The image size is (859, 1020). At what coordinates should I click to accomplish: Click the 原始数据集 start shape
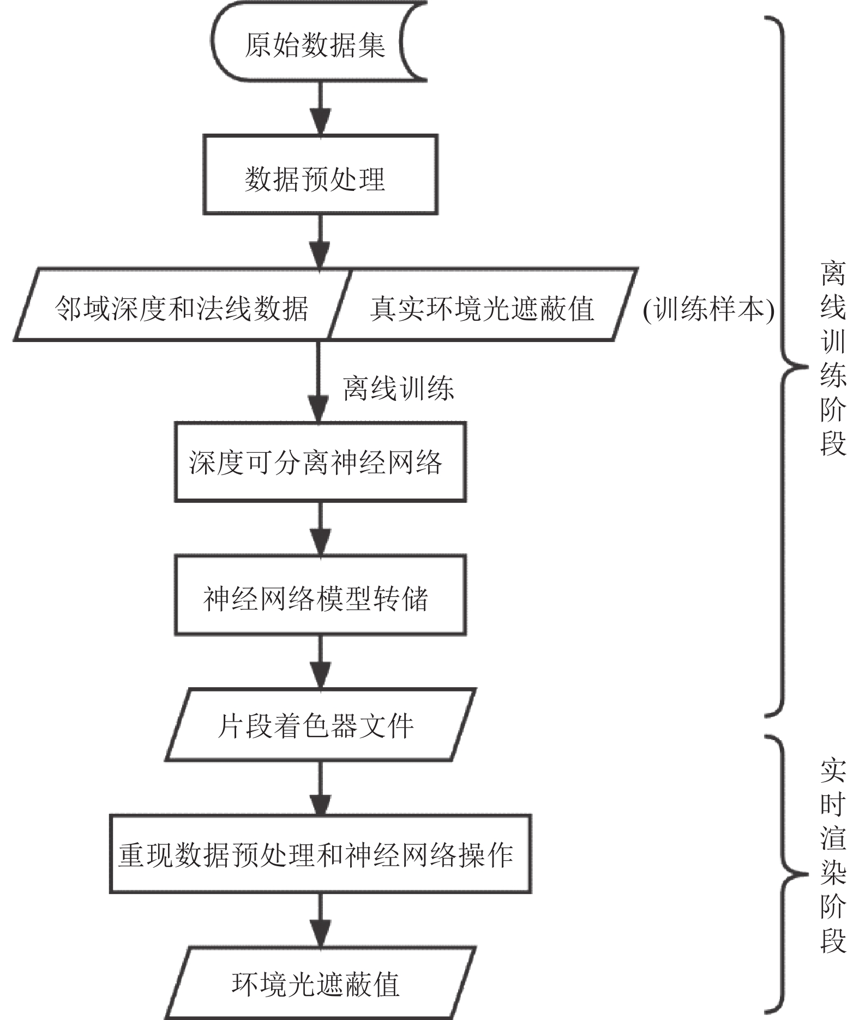point(319,42)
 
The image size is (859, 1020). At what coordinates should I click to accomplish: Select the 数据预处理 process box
point(320,175)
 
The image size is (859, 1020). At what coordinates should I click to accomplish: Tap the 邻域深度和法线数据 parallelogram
point(182,304)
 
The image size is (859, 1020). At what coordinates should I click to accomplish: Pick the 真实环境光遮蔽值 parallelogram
point(483,304)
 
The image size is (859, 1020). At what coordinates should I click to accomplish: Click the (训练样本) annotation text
point(708,310)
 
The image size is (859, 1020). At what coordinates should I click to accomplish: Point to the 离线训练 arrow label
point(399,388)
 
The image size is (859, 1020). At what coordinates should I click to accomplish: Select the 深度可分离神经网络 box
point(320,462)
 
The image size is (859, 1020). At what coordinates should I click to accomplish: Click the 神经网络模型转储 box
point(320,595)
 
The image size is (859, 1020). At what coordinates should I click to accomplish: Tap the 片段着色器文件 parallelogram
point(321,725)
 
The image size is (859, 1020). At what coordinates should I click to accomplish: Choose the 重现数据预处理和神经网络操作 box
point(320,854)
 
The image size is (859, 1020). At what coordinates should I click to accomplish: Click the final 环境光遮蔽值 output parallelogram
point(321,983)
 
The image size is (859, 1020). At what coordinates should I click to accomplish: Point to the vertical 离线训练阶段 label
point(833,358)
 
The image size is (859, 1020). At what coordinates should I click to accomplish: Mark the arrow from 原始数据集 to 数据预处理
point(320,109)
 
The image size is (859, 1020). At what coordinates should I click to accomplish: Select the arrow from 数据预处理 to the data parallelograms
point(320,242)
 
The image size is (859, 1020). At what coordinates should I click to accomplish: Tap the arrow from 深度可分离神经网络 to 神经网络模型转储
point(320,529)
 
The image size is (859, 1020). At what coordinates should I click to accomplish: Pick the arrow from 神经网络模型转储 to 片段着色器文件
point(320,662)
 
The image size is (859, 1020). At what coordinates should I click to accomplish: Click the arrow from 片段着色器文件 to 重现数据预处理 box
point(320,788)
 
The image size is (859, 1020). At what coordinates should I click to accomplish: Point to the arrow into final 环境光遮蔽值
point(320,920)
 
